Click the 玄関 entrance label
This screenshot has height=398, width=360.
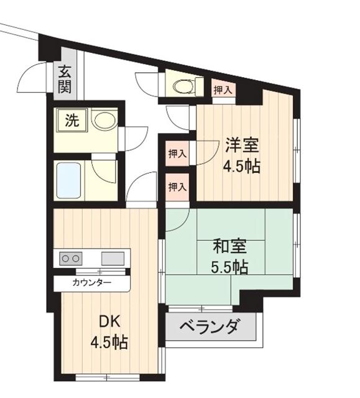click(65, 79)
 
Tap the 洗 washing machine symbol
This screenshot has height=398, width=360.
click(72, 121)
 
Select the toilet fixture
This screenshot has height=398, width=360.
click(186, 86)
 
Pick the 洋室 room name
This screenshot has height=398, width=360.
click(241, 146)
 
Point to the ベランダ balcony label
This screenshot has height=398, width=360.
click(210, 326)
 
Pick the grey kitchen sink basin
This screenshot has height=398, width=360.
click(112, 257)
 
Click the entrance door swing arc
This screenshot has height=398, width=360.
click(31, 78)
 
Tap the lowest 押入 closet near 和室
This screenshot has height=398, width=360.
click(177, 186)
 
